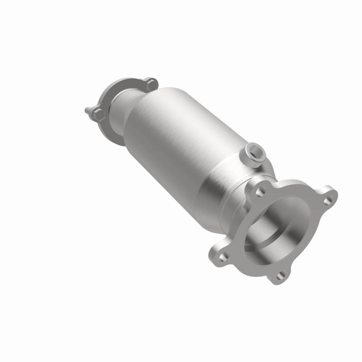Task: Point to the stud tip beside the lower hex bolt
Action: [87, 110]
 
